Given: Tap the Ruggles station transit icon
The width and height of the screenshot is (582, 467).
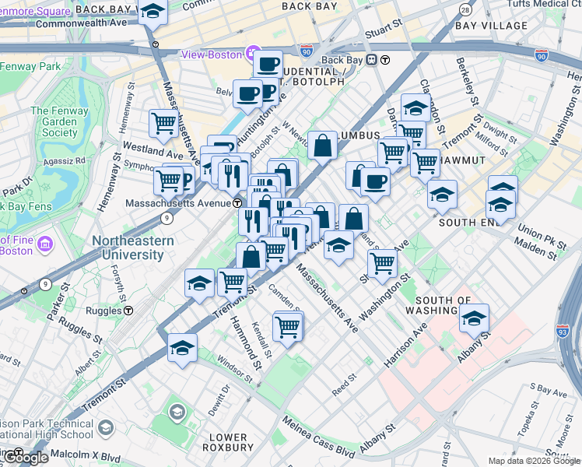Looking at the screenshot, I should (128, 311).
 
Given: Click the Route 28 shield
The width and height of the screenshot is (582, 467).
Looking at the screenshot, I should (465, 10).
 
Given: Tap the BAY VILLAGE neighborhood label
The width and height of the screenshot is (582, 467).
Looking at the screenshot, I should (491, 26).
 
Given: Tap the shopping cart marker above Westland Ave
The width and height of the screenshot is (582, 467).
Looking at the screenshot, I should (163, 122).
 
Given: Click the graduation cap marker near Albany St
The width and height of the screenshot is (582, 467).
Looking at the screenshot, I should (474, 318).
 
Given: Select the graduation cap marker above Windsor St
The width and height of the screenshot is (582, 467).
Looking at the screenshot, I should (182, 347).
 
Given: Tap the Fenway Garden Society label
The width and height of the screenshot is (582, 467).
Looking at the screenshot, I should (54, 122).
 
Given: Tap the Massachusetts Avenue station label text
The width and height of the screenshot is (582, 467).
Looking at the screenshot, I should (177, 203).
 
